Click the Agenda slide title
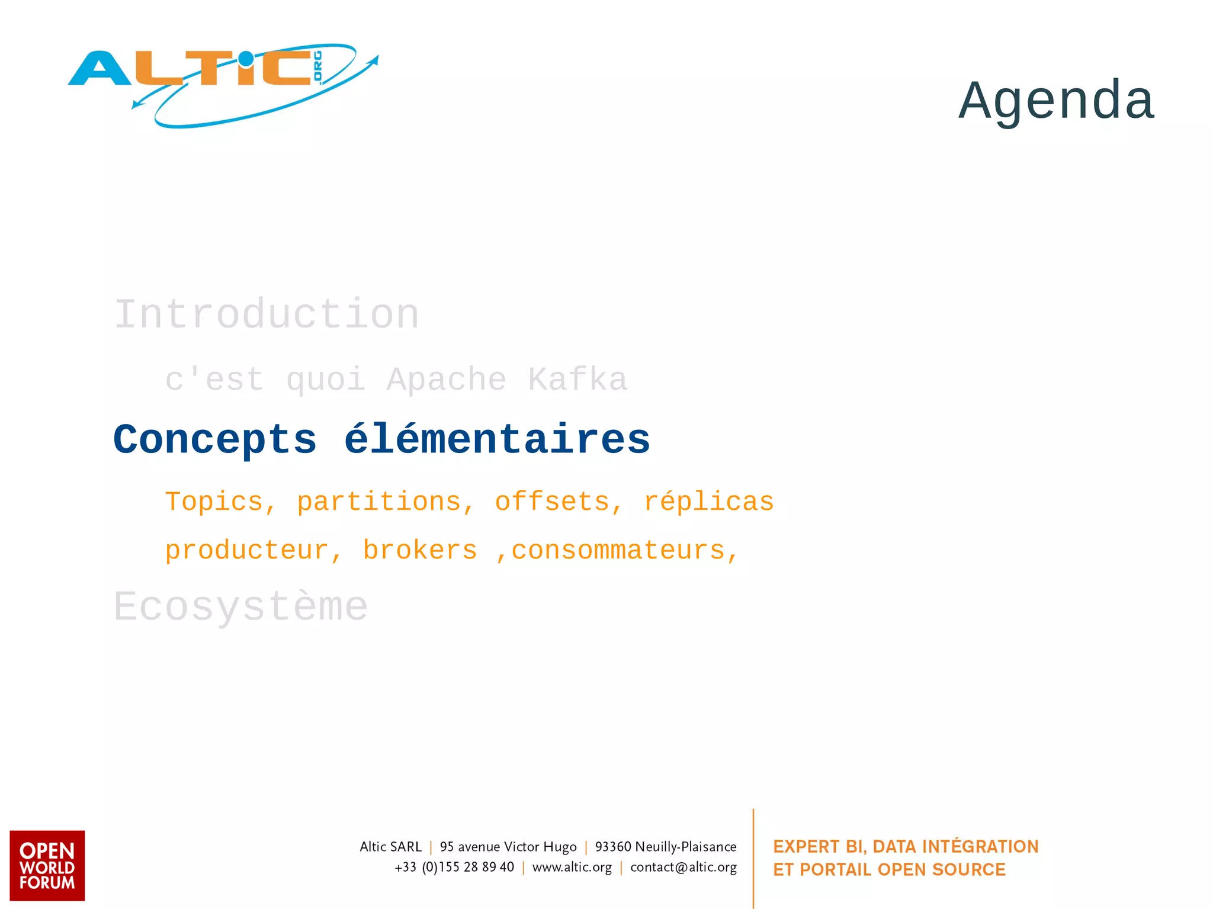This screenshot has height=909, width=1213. (x=1056, y=100)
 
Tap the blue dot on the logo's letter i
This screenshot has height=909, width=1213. (x=246, y=58)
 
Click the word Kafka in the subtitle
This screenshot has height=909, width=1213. (x=577, y=380)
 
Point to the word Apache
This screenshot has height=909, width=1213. (x=447, y=380)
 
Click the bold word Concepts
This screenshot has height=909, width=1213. (x=215, y=440)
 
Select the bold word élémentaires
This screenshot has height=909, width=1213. (x=497, y=440)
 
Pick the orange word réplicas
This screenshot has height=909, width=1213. (x=708, y=502)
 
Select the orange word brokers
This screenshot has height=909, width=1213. (x=419, y=551)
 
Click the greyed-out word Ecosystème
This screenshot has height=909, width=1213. (x=240, y=607)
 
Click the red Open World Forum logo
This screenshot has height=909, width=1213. (x=47, y=865)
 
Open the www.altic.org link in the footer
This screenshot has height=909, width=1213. (x=572, y=868)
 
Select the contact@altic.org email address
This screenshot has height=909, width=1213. (x=683, y=868)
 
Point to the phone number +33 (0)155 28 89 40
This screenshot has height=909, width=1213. (x=454, y=868)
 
